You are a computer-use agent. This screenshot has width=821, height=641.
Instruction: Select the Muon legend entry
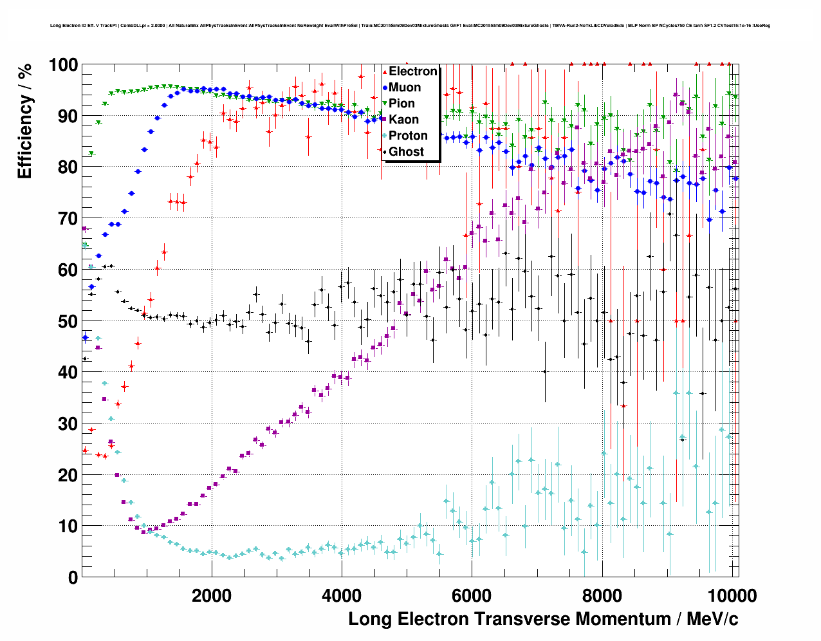coord(405,88)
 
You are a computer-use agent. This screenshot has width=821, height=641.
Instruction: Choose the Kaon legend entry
coord(403,120)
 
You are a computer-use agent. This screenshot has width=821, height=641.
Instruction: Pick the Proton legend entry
coord(408,136)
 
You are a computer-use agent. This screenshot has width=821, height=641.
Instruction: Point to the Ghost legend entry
coord(406,152)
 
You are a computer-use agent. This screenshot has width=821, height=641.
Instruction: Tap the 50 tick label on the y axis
coord(68,321)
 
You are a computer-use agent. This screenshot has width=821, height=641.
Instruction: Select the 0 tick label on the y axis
coord(73,577)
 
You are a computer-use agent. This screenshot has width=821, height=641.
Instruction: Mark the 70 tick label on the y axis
coord(68,219)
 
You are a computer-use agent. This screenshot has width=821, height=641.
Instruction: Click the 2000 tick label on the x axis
coord(210,595)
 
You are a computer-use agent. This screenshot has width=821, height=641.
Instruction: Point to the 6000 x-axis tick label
coord(472,595)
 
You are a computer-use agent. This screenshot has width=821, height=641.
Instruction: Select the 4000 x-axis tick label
coord(341,595)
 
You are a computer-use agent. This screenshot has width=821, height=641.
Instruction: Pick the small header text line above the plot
coord(410,26)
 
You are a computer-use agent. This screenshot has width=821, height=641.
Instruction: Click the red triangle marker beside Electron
coord(385,71)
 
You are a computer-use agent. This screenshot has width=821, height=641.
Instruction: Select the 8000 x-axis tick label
coord(602,595)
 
